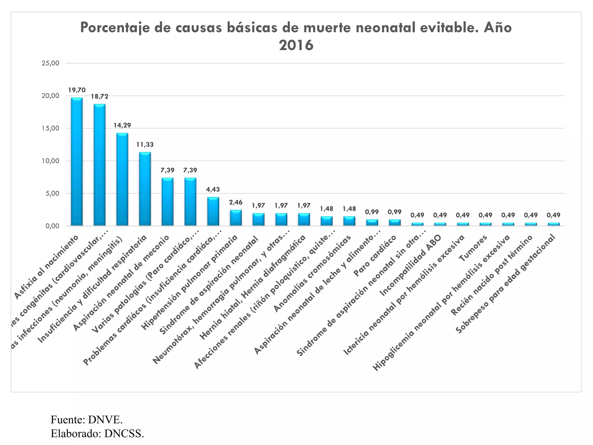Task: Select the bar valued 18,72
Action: click(99, 165)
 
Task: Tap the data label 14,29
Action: click(122, 125)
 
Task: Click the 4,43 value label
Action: click(213, 189)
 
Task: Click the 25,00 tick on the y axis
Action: click(51, 63)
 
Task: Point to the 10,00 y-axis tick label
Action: click(51, 161)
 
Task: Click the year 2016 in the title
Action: click(296, 45)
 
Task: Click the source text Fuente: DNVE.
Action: click(87, 420)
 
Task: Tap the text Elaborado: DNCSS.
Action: click(97, 434)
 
